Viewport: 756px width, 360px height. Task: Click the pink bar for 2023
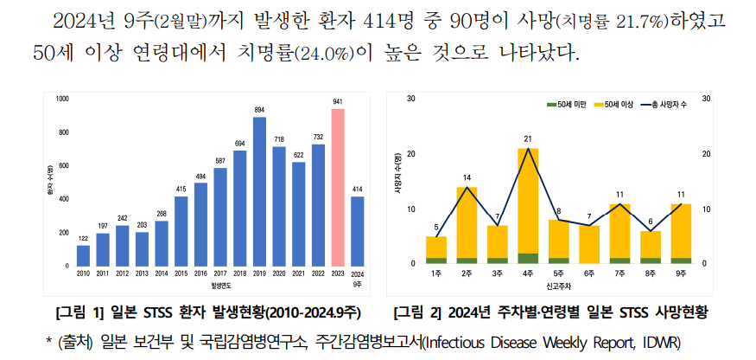click(338, 187)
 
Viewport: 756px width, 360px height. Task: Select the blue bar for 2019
click(259, 191)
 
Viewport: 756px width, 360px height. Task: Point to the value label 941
click(338, 102)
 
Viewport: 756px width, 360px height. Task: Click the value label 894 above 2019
click(259, 110)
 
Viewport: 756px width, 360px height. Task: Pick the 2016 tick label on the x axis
click(200, 273)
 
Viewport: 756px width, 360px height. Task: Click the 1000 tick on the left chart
click(62, 99)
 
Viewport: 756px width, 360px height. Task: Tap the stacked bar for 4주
click(528, 206)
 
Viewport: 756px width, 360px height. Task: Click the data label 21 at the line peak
click(528, 138)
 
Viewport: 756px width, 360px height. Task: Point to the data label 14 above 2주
click(467, 177)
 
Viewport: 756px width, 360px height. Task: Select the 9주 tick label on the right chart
click(681, 273)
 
